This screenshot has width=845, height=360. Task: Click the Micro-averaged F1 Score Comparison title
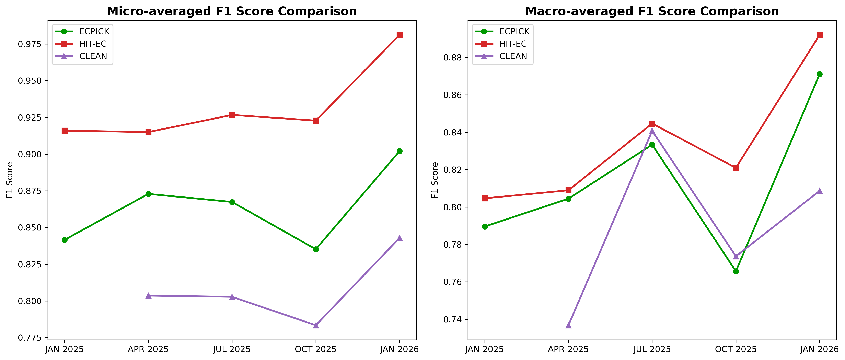[x=232, y=11]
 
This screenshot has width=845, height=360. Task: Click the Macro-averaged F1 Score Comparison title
[x=652, y=11]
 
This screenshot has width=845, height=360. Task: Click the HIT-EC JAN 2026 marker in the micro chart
[x=400, y=35]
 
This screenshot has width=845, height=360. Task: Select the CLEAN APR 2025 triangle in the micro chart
[x=148, y=296]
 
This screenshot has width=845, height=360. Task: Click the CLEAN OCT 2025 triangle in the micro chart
[x=316, y=325]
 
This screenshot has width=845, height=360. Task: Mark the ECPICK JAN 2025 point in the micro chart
[x=65, y=240]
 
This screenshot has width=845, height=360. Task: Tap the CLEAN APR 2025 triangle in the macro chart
[x=568, y=325]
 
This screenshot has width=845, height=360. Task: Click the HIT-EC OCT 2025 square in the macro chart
[x=736, y=168]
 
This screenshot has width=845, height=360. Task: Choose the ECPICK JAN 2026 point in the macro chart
[x=819, y=74]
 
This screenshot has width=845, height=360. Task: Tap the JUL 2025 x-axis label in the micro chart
[x=232, y=349]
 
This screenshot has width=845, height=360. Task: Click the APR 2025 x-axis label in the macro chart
[x=568, y=349]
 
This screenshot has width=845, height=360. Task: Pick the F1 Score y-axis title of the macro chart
[x=435, y=180]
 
